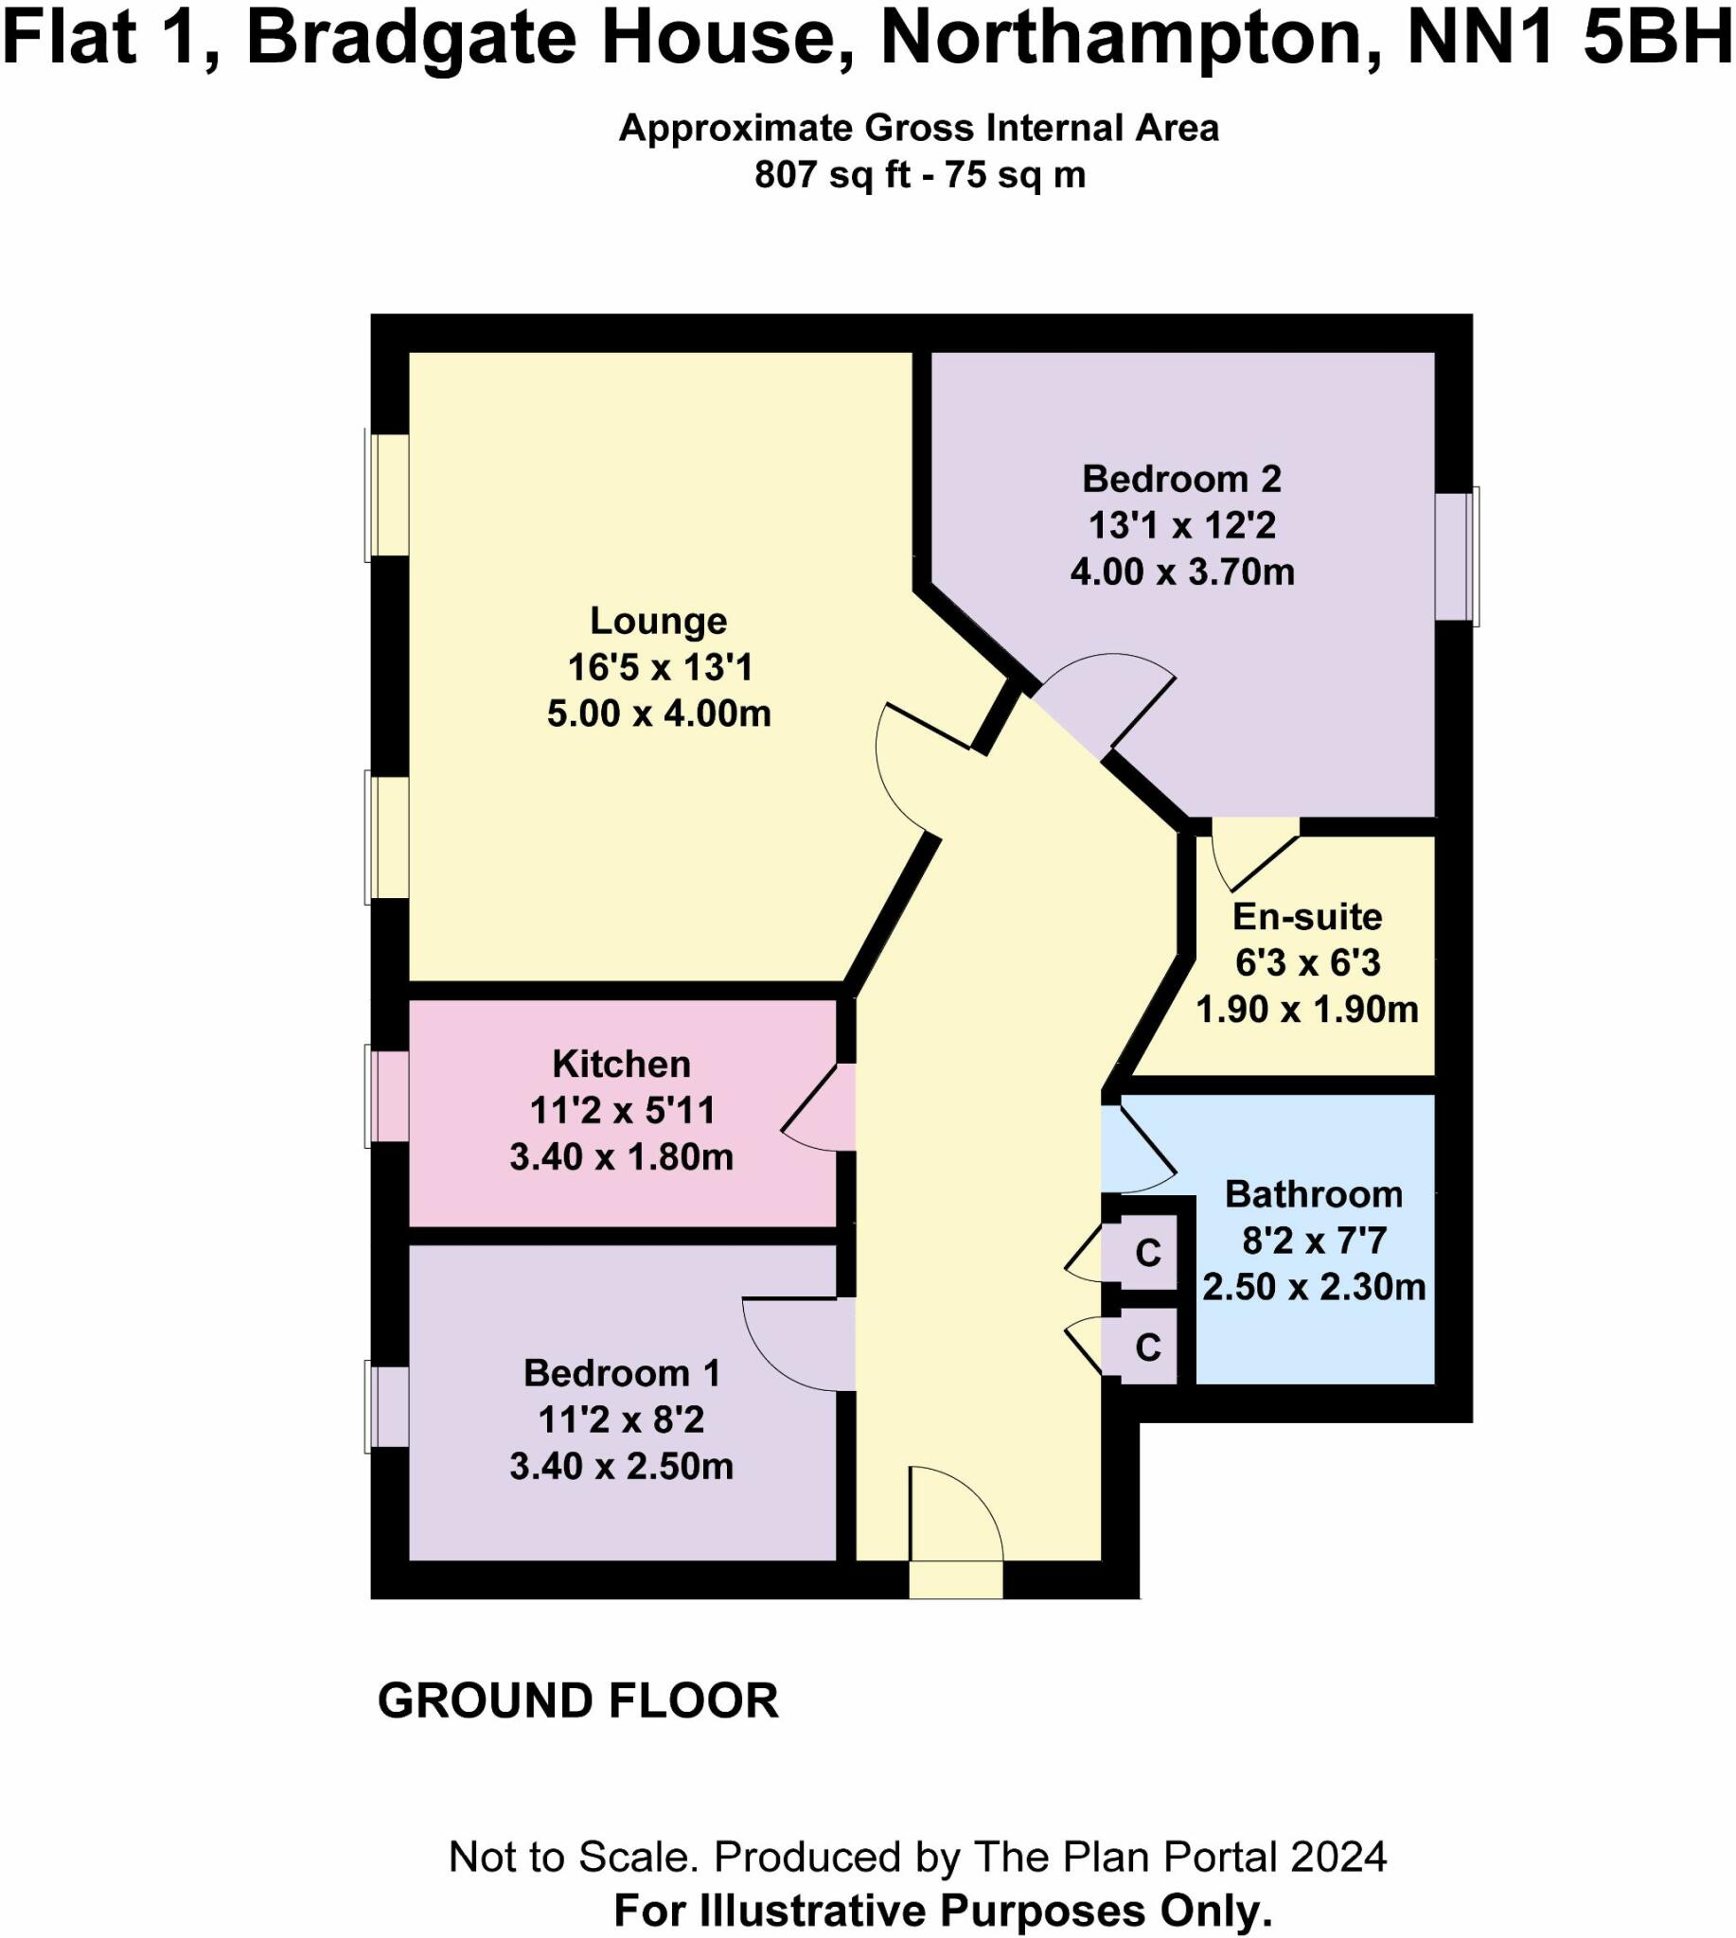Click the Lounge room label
658,621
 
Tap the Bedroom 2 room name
1181,479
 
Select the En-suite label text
1307,917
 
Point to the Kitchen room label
621,1064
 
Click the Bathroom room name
1314,1194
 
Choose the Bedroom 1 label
621,1373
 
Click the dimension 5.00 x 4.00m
658,714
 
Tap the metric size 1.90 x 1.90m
1307,1009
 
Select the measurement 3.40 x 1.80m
621,1157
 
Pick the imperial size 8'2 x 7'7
1314,1241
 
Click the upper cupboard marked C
1147,1253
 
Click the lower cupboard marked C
1147,1348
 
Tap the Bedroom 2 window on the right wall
1457,556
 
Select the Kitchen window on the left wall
387,1096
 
